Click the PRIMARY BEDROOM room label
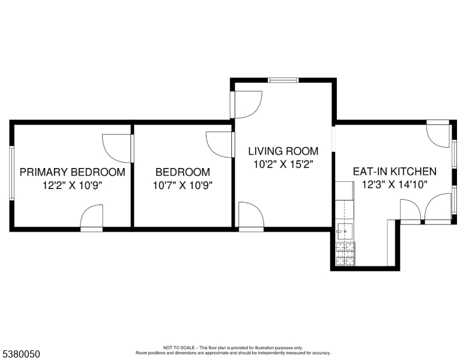tap(73, 172)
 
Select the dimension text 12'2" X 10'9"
tap(73, 185)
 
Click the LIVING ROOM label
tap(283, 151)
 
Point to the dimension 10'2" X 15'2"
tap(283, 164)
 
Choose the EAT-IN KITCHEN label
tap(395, 172)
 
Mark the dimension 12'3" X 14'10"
tap(395, 185)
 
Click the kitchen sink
tap(345, 229)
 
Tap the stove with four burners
tap(345, 254)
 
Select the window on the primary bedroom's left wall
tap(11, 173)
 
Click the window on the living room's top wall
tap(283, 80)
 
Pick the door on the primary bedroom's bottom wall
tap(92, 218)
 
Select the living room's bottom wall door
tap(250, 218)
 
